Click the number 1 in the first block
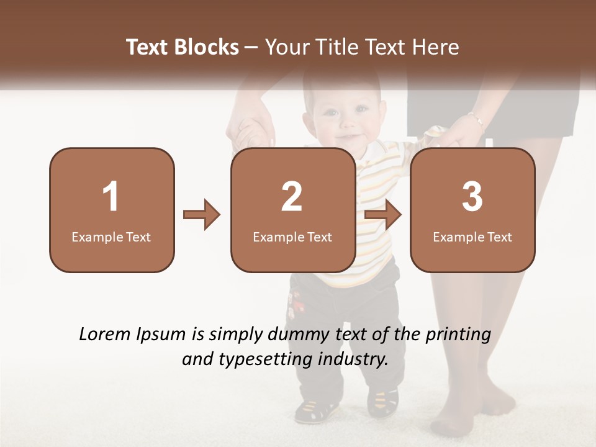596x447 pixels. pos(111,197)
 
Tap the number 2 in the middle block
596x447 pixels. pos(292,197)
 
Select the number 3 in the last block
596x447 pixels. pos(472,197)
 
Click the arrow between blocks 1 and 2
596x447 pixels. pos(202,215)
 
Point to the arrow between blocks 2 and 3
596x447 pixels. pos(383,215)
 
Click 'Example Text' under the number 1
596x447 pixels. pos(111,237)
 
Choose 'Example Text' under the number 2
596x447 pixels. pos(292,237)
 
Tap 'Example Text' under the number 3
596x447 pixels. pos(472,237)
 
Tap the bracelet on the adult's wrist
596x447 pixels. pos(476,118)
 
